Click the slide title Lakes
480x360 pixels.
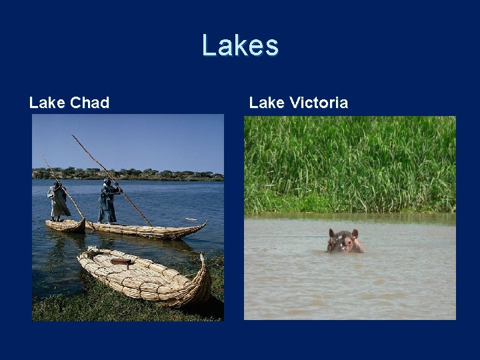pyautogui.click(x=240, y=46)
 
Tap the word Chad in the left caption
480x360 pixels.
pyautogui.click(x=89, y=103)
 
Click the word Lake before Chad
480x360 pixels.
pyautogui.click(x=47, y=103)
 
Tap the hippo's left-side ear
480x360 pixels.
pyautogui.click(x=331, y=233)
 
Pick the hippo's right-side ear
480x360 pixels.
pyautogui.click(x=355, y=233)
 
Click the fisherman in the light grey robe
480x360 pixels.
pyautogui.click(x=59, y=201)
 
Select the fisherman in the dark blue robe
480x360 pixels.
pyautogui.click(x=108, y=202)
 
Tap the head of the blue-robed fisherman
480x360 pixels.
pyautogui.click(x=108, y=182)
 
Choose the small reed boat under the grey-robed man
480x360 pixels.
pyautogui.click(x=65, y=225)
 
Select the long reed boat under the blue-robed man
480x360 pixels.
pyautogui.click(x=150, y=231)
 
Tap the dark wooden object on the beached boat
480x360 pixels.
pyautogui.click(x=121, y=262)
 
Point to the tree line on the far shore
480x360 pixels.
pyautogui.click(x=127, y=174)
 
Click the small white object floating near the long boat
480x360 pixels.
pyautogui.click(x=192, y=219)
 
